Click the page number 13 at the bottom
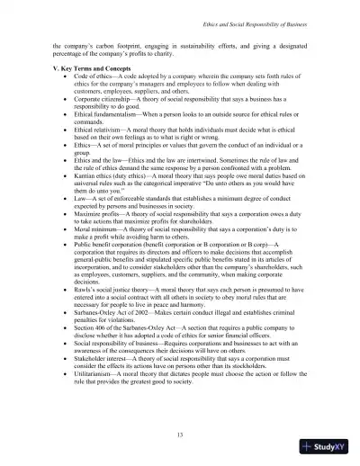pos(180,436)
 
